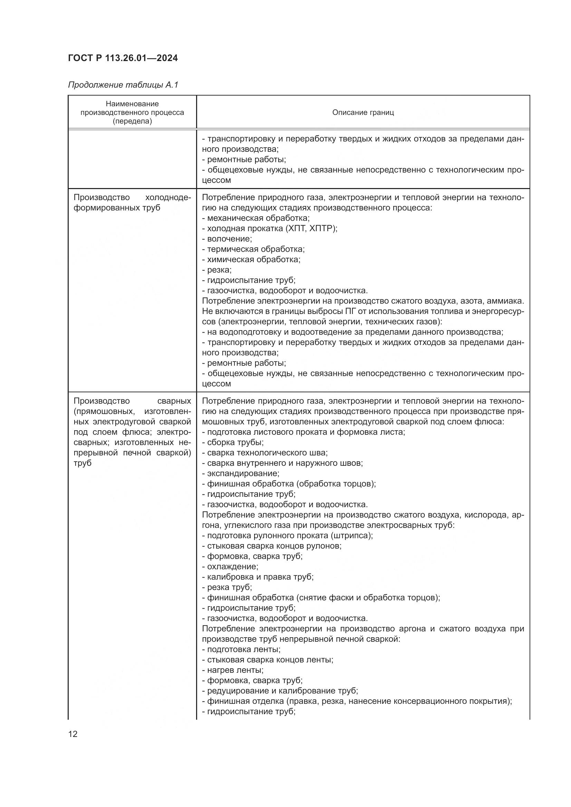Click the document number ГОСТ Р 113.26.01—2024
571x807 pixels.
pyautogui.click(x=123, y=58)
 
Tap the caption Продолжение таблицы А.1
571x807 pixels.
pyautogui.click(x=123, y=85)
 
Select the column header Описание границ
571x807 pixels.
pyautogui.click(x=363, y=112)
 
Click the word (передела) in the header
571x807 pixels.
pyautogui.click(x=132, y=121)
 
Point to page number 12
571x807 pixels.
pyautogui.click(x=73, y=734)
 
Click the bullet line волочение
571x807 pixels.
pyautogui.click(x=229, y=239)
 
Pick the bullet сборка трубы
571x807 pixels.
pyautogui.click(x=235, y=443)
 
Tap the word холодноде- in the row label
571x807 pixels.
pyautogui.click(x=168, y=198)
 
